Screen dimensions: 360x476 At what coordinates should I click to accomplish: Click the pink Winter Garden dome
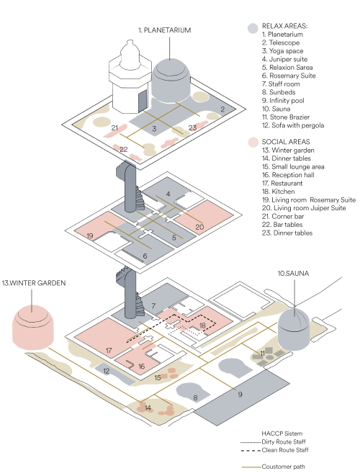click(33, 328)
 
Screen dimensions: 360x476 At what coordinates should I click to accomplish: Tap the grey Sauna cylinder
click(294, 329)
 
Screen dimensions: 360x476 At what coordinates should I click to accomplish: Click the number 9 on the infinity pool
click(240, 395)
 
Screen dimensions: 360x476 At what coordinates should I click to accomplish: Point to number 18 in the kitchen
click(202, 325)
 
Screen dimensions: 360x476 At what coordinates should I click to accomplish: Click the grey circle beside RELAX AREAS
click(253, 28)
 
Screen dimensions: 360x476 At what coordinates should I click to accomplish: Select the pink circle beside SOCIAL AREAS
click(253, 142)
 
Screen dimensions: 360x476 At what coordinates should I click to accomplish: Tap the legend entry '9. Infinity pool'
click(283, 101)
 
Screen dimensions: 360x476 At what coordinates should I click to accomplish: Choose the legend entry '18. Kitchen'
click(279, 192)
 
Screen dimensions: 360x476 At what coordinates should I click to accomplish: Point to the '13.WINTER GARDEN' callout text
click(34, 283)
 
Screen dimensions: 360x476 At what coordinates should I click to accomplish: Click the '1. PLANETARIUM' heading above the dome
click(164, 30)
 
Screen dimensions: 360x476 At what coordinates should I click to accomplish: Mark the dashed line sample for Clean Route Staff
click(251, 450)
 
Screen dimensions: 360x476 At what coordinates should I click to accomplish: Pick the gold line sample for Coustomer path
click(251, 467)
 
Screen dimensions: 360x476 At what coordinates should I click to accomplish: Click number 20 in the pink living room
click(199, 227)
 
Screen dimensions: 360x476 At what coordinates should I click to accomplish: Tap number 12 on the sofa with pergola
click(106, 371)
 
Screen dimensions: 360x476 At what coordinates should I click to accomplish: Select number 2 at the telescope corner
click(222, 109)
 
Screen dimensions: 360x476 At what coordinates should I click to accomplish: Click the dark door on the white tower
click(143, 101)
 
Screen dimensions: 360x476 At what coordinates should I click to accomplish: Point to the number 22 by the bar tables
click(124, 149)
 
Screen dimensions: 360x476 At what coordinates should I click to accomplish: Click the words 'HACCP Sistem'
click(282, 434)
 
